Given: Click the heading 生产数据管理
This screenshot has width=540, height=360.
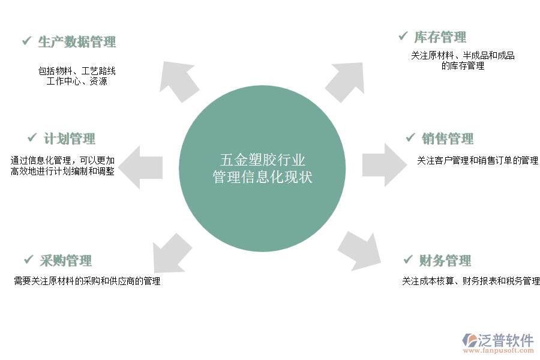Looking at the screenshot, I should [76, 42].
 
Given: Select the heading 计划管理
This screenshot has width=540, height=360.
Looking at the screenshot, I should [70, 139].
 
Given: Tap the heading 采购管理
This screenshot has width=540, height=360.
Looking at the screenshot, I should [66, 261].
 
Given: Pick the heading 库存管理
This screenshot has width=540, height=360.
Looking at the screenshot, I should [440, 37].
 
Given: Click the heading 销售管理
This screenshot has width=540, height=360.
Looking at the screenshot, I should [448, 139].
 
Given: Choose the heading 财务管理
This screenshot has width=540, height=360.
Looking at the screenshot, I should [445, 261].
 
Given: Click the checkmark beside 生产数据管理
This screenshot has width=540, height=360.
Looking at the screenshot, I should [26, 41].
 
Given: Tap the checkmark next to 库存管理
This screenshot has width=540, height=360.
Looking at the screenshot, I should [403, 37].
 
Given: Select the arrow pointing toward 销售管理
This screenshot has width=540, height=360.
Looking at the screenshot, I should [383, 164].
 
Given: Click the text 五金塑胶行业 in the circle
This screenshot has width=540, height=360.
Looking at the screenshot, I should [262, 160].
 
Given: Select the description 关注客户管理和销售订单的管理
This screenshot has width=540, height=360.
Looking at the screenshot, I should [478, 161].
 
